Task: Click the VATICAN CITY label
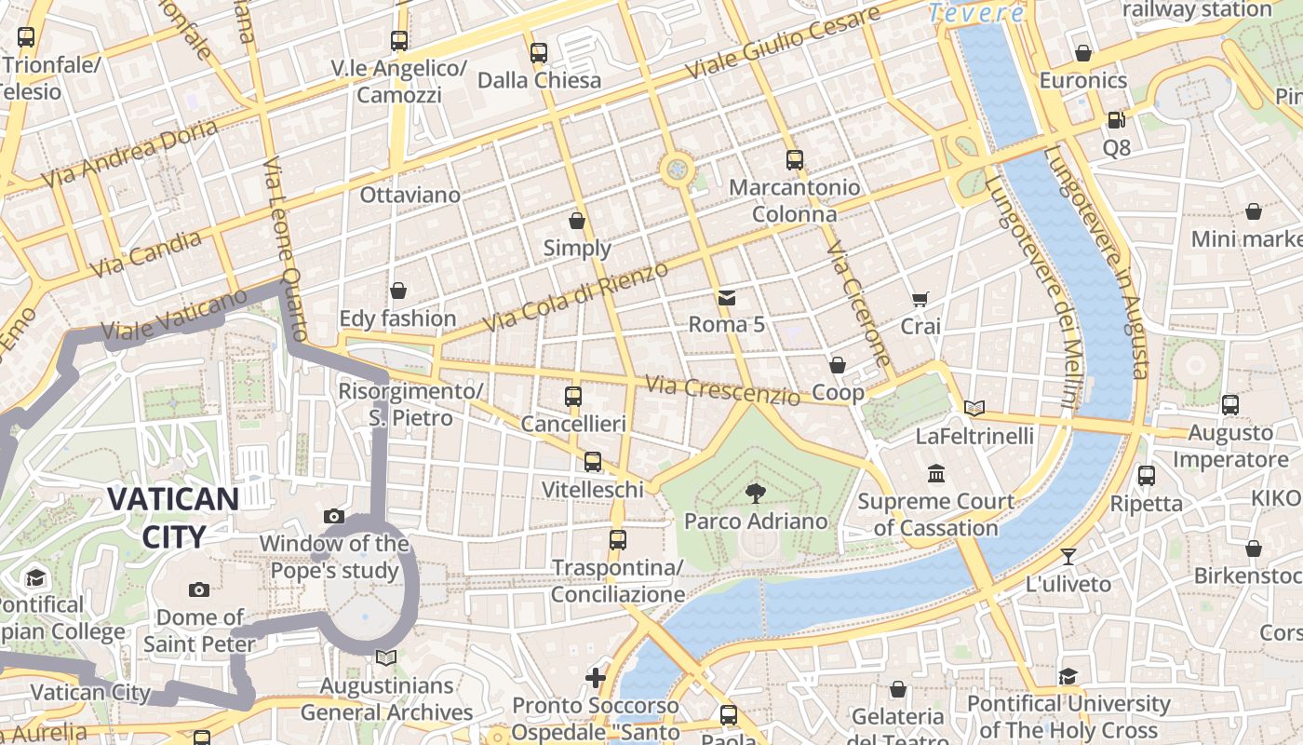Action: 174,517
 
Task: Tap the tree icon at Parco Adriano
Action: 755,494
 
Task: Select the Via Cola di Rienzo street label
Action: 576,297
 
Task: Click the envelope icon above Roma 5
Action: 727,298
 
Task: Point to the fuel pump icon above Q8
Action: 1116,120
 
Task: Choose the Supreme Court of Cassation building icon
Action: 936,474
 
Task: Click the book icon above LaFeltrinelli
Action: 974,408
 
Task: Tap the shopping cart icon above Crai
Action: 920,299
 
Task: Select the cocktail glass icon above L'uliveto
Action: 1068,557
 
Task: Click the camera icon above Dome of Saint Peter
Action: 199,589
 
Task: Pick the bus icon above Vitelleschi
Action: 593,462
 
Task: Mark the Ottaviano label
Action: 410,195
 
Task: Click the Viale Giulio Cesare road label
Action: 782,44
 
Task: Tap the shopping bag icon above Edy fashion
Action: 398,291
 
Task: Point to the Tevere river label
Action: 976,13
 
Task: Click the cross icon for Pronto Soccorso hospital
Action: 596,678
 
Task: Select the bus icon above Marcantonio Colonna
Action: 794,159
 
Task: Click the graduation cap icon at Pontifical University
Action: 1068,676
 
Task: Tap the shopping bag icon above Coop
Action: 838,365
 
